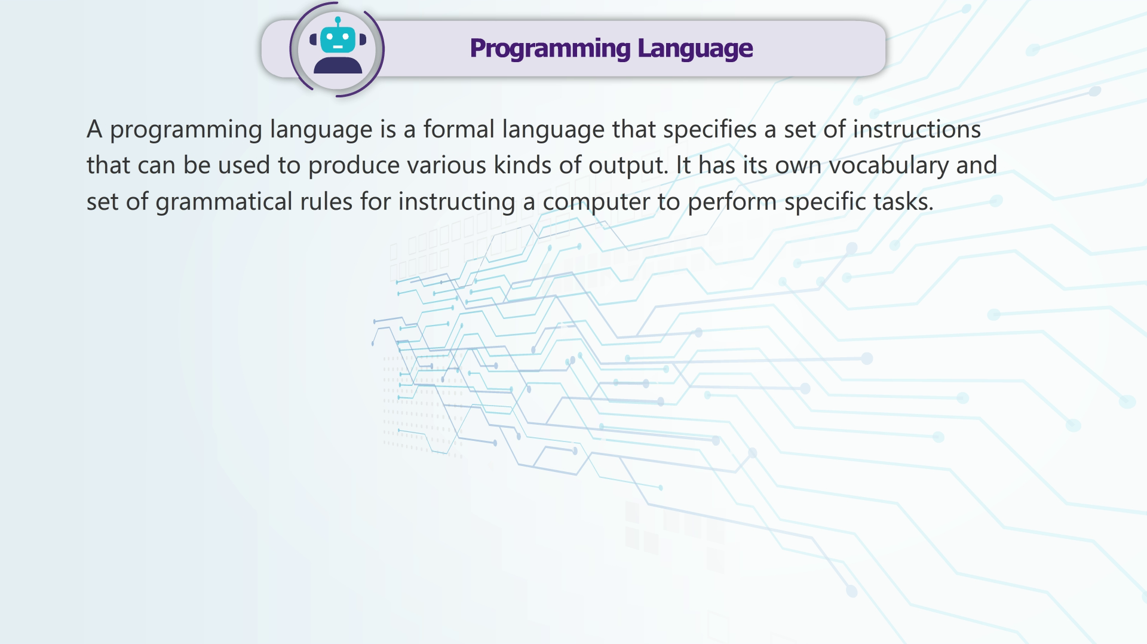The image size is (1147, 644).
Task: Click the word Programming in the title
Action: [x=550, y=49]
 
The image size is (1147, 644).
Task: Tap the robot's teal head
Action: [x=338, y=40]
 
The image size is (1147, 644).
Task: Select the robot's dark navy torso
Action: [x=338, y=65]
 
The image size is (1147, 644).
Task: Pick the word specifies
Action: [x=710, y=130]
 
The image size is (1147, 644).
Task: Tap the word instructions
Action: [x=916, y=129]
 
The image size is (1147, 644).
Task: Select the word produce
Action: [x=354, y=166]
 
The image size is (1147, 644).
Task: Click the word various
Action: [x=447, y=165]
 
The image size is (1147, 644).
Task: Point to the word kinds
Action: [x=523, y=165]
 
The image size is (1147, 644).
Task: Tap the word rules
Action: [x=326, y=201]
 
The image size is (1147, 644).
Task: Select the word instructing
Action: [x=456, y=202]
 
